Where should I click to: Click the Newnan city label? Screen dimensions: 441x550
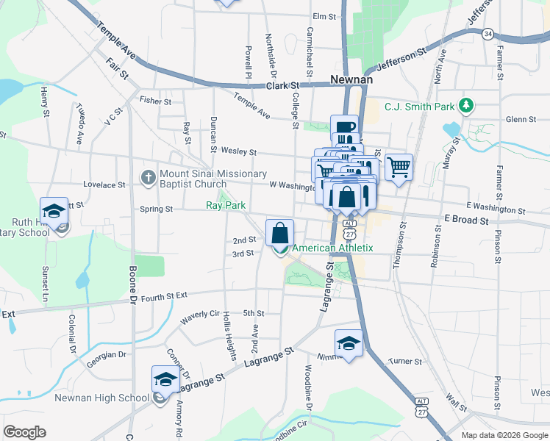(352, 79)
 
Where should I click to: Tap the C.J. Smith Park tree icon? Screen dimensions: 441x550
(465, 107)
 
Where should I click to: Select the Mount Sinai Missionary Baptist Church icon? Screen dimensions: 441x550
(148, 178)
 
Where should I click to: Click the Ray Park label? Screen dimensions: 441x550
(225, 206)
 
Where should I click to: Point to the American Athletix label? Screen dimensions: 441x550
(332, 248)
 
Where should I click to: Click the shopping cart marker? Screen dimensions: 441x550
(399, 167)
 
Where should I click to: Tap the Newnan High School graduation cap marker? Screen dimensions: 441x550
(165, 379)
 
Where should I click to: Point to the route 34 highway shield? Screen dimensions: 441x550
(488, 34)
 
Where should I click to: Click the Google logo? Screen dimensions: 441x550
(24, 432)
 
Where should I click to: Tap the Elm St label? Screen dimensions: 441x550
(324, 15)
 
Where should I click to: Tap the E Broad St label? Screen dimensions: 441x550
(466, 220)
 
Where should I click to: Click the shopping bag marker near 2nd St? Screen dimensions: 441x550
(279, 233)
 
